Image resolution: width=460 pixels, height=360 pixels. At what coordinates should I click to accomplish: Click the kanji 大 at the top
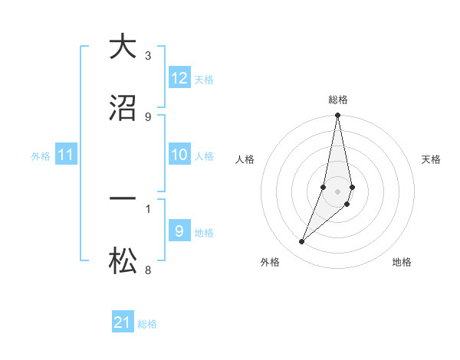tap(123, 47)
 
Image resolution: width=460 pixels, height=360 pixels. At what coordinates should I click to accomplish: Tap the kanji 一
tap(123, 199)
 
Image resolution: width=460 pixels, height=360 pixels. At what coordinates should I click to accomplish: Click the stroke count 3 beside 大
tap(148, 56)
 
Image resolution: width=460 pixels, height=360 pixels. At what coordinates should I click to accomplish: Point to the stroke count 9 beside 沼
tap(148, 116)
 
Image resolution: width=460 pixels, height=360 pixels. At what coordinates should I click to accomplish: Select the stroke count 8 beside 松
tap(148, 270)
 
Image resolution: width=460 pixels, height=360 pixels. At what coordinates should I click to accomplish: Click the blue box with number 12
tap(179, 78)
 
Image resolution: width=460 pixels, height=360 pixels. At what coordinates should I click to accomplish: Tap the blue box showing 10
tap(179, 155)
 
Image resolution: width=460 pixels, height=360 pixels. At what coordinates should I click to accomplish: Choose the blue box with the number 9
tap(179, 231)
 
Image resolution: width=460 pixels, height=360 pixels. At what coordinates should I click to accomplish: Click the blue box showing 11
tap(66, 155)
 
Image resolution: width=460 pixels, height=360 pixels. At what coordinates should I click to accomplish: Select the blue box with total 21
tap(123, 322)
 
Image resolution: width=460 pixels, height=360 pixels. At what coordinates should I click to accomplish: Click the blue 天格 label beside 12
tap(204, 80)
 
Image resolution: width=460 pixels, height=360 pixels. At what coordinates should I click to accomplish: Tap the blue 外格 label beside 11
tap(41, 156)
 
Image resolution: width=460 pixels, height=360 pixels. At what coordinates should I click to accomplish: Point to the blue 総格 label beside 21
tap(147, 324)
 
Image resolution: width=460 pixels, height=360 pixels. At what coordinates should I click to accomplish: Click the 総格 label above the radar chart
tap(338, 100)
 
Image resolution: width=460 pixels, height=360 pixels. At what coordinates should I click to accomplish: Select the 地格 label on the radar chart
tap(402, 262)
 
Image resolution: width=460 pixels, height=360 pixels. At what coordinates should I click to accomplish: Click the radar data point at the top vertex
tap(337, 116)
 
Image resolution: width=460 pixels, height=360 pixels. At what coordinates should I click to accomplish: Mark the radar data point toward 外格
tap(301, 242)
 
